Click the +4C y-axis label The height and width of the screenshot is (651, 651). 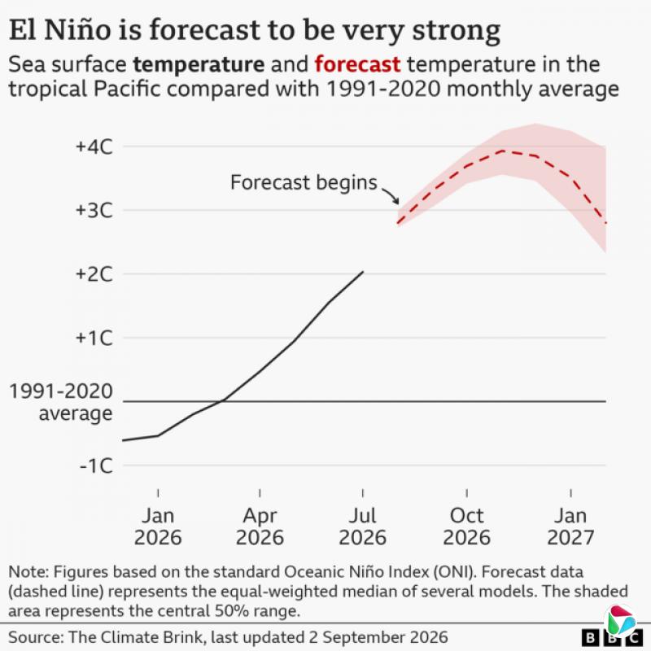94,147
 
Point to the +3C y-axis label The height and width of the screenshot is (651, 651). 94,211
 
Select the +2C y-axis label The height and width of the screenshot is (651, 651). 94,274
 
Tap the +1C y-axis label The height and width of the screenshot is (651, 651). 94,338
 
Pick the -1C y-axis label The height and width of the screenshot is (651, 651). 96,465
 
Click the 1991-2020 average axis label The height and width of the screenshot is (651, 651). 61,402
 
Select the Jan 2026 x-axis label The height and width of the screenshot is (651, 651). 158,526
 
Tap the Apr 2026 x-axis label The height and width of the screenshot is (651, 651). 260,526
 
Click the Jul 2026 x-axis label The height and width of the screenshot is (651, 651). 362,526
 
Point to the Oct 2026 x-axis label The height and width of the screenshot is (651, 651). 466,526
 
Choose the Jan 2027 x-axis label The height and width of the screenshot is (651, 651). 571,526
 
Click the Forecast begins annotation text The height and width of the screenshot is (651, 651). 304,183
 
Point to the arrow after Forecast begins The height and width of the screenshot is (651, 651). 391,195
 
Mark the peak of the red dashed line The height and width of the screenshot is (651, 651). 503,151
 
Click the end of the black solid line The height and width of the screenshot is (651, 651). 363,272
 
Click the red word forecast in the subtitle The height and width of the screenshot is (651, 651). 357,64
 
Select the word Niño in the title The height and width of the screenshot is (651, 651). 77,30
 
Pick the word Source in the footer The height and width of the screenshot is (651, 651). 35,637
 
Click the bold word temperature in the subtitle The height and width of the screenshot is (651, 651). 199,65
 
